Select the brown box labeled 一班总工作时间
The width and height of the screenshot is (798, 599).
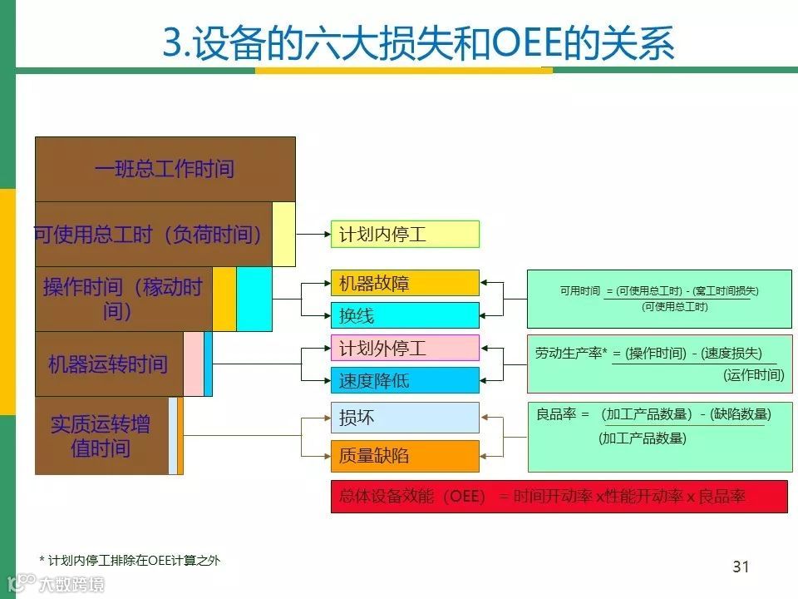point(165,169)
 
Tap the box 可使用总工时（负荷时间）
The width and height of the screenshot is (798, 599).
point(150,235)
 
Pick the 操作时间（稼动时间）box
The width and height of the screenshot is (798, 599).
point(123,299)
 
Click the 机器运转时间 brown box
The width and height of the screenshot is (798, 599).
point(108,364)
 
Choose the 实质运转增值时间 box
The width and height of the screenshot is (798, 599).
point(101,436)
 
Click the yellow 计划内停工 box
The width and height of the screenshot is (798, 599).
point(405,234)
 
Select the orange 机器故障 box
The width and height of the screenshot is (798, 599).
point(405,283)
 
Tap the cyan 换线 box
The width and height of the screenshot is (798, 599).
point(405,315)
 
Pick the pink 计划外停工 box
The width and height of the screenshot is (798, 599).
point(405,348)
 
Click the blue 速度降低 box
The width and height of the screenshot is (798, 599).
point(405,380)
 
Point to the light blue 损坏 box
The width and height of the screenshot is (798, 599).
point(405,418)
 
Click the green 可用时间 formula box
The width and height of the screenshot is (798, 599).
point(659,299)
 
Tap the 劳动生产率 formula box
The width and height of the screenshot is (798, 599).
point(659,364)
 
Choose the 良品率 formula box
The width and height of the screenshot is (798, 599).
point(659,437)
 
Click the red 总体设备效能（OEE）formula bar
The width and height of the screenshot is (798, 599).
point(559,497)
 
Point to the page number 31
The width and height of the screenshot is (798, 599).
point(741,567)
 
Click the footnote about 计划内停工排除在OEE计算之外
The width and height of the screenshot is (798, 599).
point(130,560)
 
